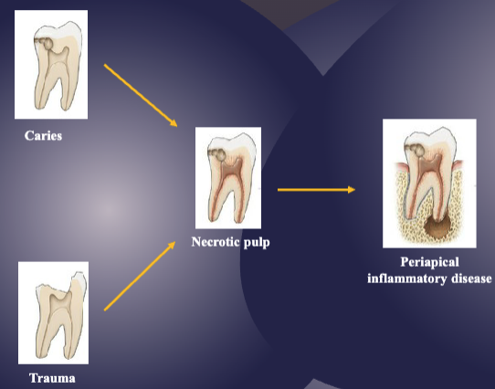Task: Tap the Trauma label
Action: (x=51, y=377)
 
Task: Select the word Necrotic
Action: (x=216, y=243)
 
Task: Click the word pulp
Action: (x=257, y=243)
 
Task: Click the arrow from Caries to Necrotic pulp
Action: (x=140, y=95)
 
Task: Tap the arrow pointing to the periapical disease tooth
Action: (x=315, y=190)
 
